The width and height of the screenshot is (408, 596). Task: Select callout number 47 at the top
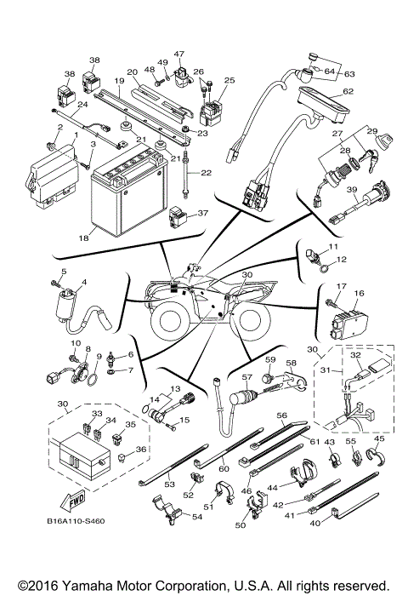click(x=179, y=54)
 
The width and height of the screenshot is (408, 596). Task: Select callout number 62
click(x=348, y=91)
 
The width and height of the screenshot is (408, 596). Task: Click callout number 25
click(x=229, y=79)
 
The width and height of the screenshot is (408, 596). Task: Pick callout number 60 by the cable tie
click(x=224, y=468)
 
